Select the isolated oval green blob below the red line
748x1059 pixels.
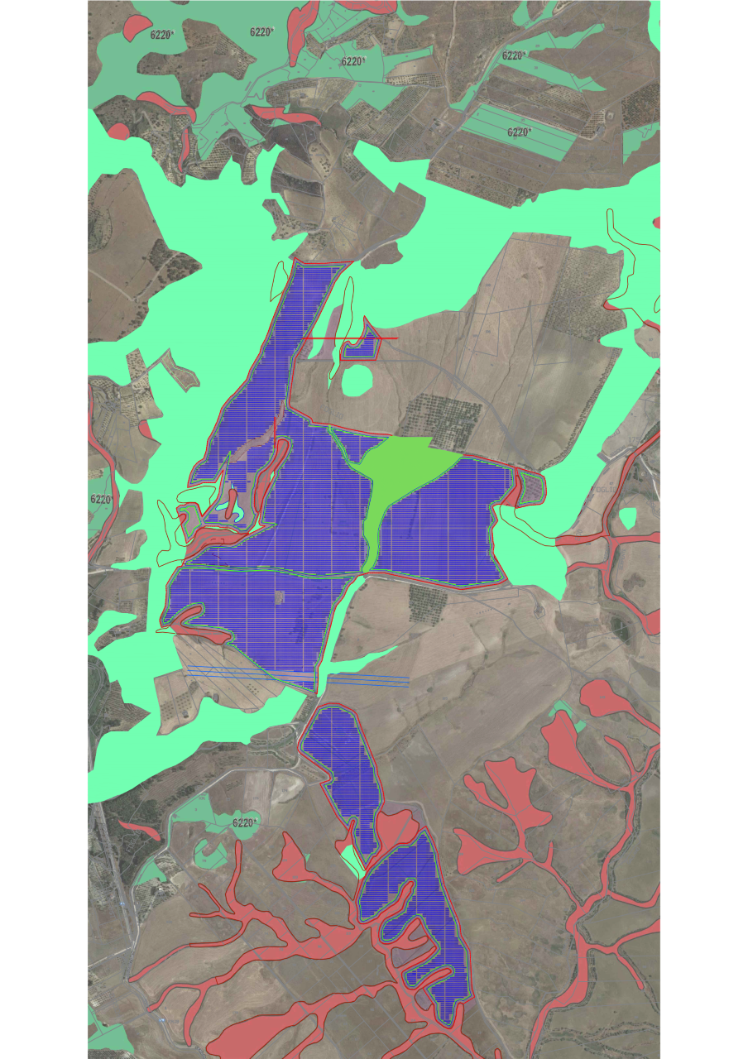point(357,380)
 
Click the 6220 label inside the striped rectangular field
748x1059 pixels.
point(518,132)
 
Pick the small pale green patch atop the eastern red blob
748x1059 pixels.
point(564,710)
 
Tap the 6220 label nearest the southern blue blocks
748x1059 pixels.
point(244,823)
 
